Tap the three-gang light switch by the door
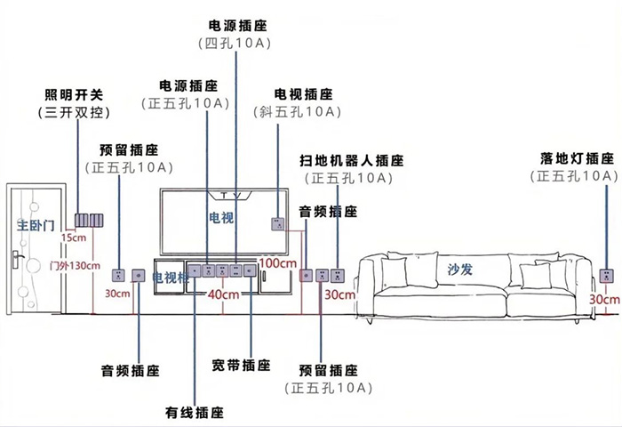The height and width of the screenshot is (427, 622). [90, 221]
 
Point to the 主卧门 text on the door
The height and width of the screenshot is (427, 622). [36, 225]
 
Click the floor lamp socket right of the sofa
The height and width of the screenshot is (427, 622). [607, 275]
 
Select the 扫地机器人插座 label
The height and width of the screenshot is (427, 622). [351, 161]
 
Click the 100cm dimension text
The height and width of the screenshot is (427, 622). [278, 263]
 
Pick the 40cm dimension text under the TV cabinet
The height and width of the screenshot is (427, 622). [223, 294]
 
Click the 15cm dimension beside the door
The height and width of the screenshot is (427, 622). [74, 238]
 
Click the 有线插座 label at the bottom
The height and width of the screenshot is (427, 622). [194, 413]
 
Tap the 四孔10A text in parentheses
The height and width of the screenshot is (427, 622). [237, 43]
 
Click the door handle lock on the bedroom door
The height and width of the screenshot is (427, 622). [18, 259]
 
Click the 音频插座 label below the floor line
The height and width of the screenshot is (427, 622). [129, 369]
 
